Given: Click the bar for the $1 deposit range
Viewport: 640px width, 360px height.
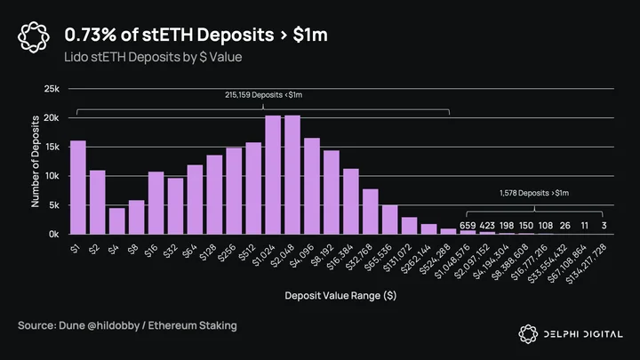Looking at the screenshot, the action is coord(78,188).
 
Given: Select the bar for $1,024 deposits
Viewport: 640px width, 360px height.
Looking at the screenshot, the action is coord(273,175).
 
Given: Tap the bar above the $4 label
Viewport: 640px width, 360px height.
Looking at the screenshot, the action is coord(117,220).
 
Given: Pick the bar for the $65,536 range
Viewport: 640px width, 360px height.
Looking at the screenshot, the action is coord(390,220).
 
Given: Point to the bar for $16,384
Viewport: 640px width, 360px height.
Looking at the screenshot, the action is coord(351,201).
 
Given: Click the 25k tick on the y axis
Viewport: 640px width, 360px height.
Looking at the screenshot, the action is coord(52,89).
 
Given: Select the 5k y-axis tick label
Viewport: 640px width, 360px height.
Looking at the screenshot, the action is coord(54,205).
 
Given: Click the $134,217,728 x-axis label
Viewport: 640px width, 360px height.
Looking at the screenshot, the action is coord(587,264).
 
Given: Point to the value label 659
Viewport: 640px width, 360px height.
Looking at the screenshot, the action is coord(468,226).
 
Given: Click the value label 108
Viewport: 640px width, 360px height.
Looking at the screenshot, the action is coord(546,226).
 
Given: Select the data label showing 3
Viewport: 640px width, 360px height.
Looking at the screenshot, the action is coord(604,226).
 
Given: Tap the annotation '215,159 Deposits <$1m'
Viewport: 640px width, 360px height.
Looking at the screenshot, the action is coord(264,95).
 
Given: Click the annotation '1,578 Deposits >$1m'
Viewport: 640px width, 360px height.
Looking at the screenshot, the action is coord(534,193).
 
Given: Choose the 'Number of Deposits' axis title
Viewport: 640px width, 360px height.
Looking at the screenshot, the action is coord(36,161).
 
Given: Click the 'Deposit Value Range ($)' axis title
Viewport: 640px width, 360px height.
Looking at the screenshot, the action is coord(340,295).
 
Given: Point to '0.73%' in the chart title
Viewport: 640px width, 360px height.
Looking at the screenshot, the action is coord(90,35).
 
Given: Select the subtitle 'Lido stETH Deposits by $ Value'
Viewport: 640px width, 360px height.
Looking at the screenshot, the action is coord(153,57).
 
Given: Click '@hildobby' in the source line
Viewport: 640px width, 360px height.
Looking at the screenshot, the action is coord(113,325).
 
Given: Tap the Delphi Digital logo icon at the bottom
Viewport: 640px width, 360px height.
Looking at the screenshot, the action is coord(528,334).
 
